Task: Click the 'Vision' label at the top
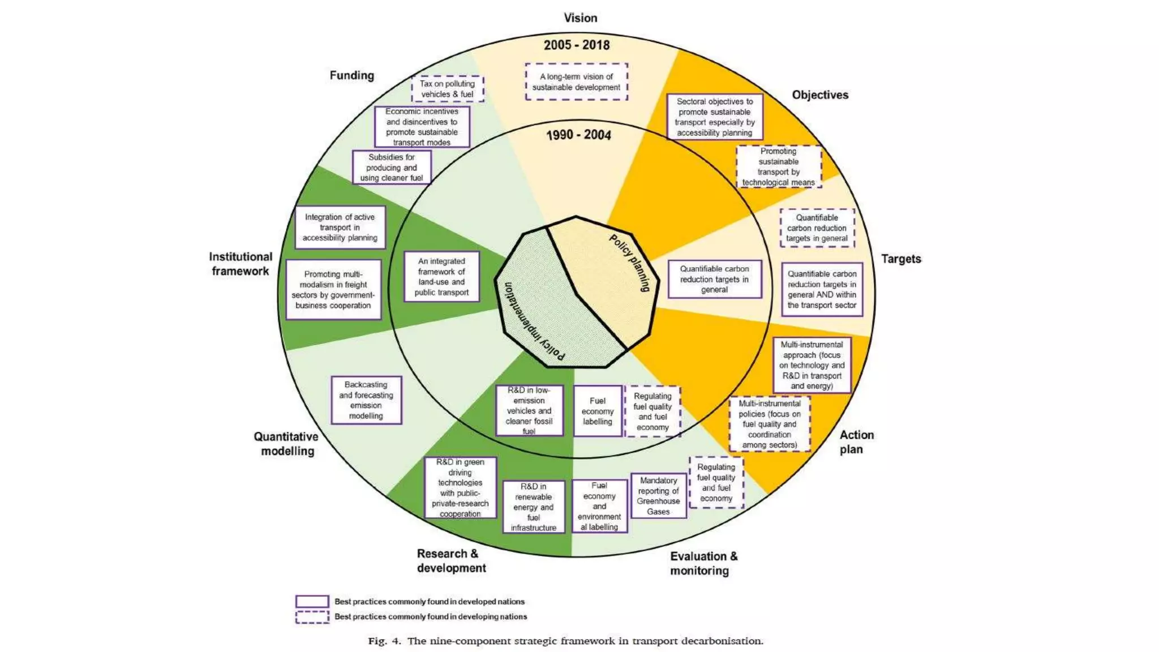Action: pos(580,18)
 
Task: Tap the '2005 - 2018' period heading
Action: pos(577,45)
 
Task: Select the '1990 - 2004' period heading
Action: pos(578,135)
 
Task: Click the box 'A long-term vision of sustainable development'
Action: pos(576,82)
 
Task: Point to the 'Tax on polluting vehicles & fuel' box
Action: pos(447,89)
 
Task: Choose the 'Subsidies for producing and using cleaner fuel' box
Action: pos(392,168)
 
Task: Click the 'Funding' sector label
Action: pos(352,75)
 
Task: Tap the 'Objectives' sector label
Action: pos(820,95)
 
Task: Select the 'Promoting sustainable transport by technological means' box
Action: pos(779,167)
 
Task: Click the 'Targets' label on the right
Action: pos(901,259)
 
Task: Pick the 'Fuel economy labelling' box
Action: pos(598,411)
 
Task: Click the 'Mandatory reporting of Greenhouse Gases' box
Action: pos(658,496)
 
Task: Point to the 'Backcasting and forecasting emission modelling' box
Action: pos(366,400)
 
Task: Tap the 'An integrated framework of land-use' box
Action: pos(441,277)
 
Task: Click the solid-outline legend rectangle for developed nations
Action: pos(312,601)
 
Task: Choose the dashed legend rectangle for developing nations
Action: pos(312,616)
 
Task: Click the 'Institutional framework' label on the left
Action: pos(241,264)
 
